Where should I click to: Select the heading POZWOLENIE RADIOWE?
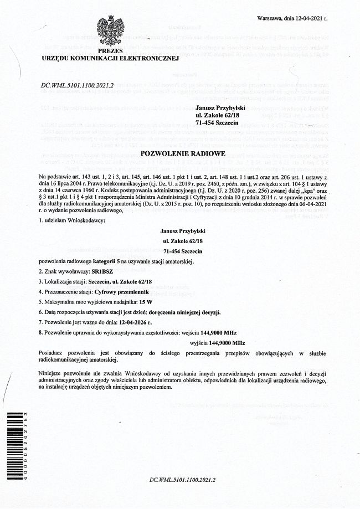(182, 153)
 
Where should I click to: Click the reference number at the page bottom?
(182, 480)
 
